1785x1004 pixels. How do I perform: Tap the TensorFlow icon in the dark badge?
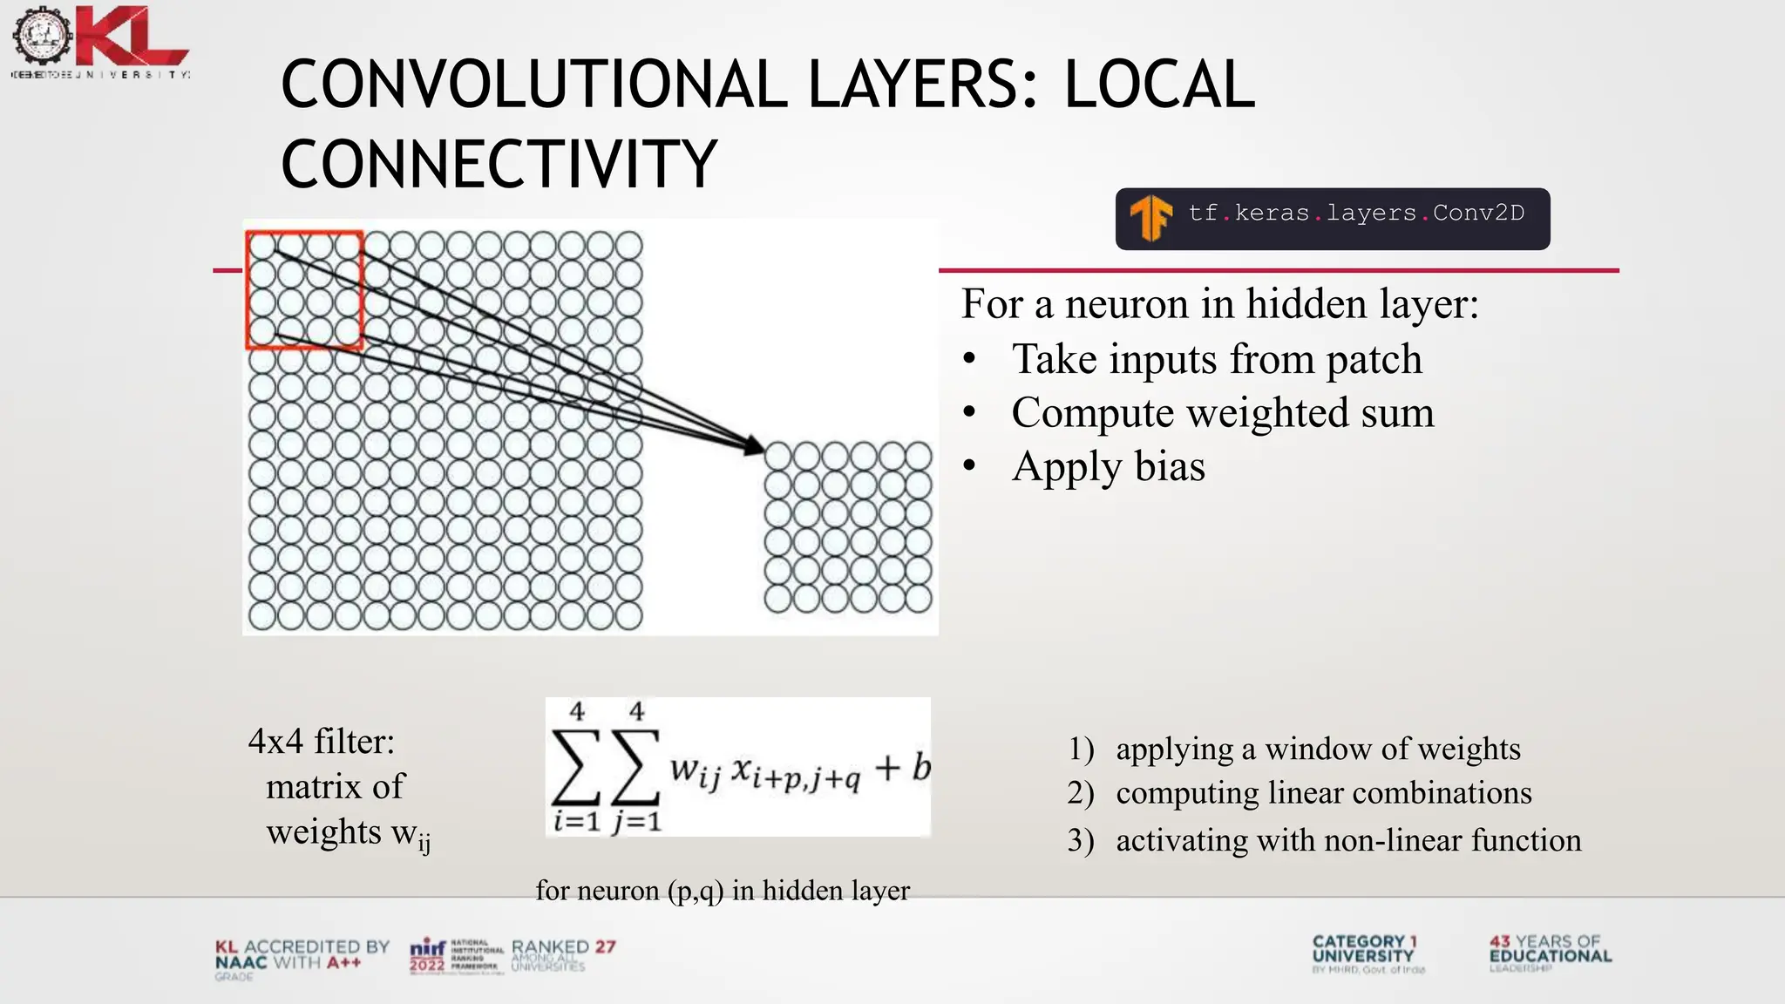(1150, 218)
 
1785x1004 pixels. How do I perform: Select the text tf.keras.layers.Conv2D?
(1356, 214)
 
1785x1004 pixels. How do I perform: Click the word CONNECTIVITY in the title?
(499, 164)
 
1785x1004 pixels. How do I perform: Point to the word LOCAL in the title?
(1159, 85)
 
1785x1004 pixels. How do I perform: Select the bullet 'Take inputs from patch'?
(1216, 359)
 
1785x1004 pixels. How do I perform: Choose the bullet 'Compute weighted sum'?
(1222, 412)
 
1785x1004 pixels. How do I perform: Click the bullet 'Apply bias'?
(1108, 466)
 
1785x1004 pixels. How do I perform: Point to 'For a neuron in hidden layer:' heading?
(1219, 304)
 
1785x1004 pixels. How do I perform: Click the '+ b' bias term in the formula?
(902, 768)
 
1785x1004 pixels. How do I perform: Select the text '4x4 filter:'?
(321, 742)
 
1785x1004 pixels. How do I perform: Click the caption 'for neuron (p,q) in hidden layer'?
(722, 891)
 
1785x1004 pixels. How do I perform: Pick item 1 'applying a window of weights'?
(1317, 749)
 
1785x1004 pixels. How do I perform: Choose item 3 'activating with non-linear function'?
(1347, 840)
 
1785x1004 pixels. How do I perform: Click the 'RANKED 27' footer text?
(563, 947)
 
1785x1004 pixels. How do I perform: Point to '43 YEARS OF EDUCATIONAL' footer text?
(1550, 949)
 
